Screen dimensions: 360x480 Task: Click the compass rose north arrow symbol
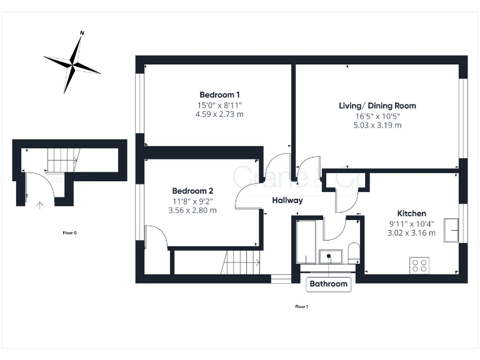pos(72,63)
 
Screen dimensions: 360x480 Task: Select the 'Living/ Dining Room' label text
pos(377,106)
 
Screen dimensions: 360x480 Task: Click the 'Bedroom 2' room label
pos(193,191)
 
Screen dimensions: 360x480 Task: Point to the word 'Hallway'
pos(287,201)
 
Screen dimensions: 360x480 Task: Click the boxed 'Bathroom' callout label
pos(329,284)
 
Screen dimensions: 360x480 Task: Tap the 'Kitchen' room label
pos(412,213)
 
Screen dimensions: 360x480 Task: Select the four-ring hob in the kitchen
pos(419,265)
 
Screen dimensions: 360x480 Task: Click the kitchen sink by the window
pos(451,230)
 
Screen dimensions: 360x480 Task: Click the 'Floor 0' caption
pos(69,232)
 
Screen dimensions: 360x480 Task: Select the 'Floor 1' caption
pos(301,306)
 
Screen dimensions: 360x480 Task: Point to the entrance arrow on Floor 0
pos(40,204)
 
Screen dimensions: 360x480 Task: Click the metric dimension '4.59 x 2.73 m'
pos(219,114)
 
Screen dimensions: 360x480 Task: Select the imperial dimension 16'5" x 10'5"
pos(377,116)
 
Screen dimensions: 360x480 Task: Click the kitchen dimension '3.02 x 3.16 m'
pos(412,233)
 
